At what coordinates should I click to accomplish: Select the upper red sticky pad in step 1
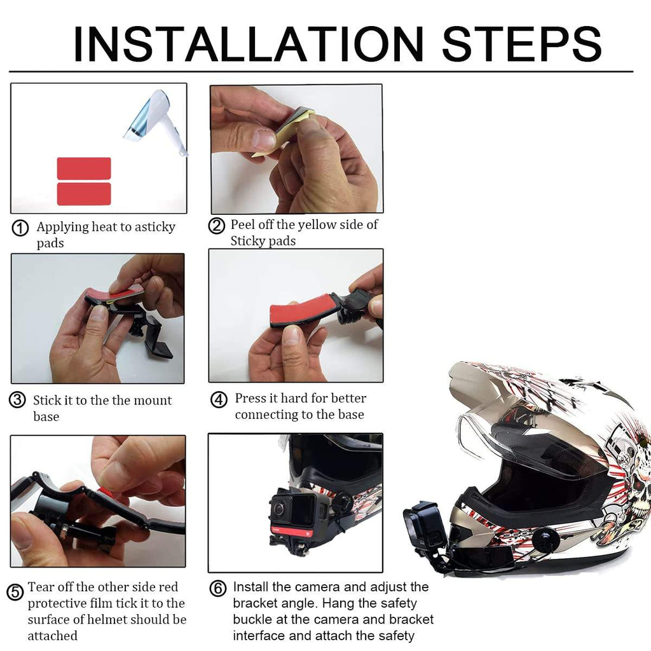pos(84,168)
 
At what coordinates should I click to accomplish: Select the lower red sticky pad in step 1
pos(84,194)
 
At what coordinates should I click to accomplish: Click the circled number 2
pos(217,226)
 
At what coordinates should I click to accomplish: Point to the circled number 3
pos(17,401)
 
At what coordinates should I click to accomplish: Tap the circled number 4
pos(219,399)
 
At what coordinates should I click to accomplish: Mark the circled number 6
pos(218,589)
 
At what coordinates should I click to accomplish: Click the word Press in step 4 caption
pos(250,398)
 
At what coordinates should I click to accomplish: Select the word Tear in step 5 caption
pos(41,587)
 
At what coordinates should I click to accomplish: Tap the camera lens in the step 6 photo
pos(280,509)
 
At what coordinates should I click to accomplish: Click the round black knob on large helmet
pos(545,540)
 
